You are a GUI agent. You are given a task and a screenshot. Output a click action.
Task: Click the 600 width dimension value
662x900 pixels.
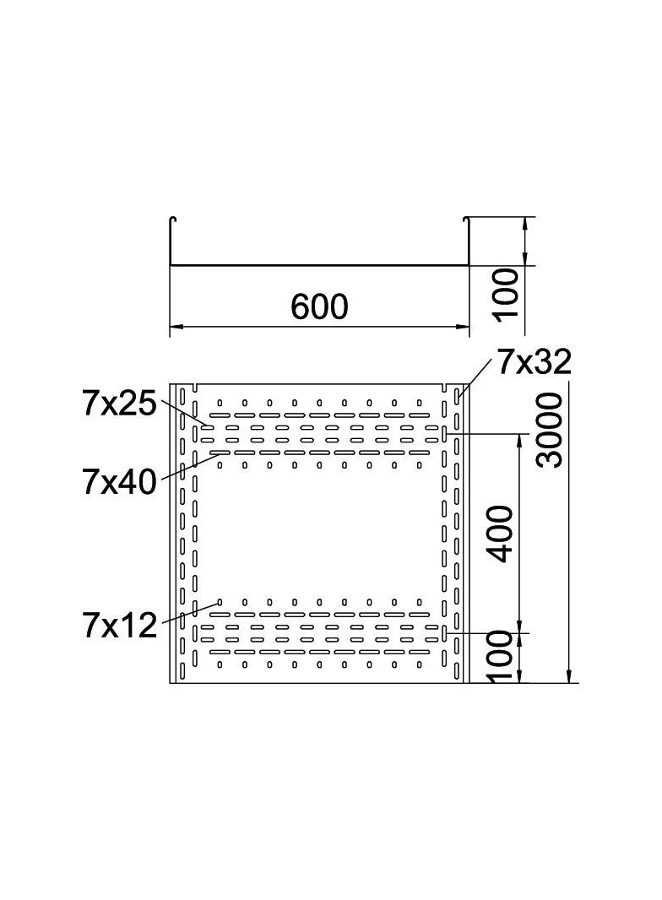tap(319, 306)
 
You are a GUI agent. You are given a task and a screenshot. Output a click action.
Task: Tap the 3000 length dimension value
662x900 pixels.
tap(549, 430)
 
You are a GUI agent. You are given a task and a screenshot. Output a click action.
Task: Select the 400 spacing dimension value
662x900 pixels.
tap(498, 534)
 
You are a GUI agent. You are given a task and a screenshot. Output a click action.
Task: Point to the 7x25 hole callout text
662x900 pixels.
tap(119, 404)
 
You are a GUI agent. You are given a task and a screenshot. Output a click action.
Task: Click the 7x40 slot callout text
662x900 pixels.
tap(119, 481)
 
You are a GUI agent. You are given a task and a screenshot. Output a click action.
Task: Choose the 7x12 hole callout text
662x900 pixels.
tap(119, 625)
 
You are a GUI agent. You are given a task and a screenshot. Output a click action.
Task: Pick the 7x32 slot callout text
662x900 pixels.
tap(534, 361)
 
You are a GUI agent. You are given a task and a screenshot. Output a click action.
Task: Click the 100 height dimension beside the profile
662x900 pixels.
tap(506, 293)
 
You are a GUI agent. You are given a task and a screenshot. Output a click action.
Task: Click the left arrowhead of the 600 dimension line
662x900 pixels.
tap(175, 327)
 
